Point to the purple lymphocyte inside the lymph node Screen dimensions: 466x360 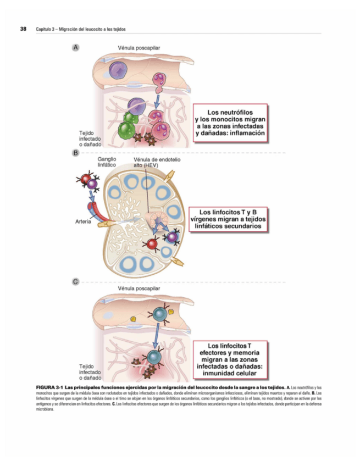pyautogui.click(x=173, y=237)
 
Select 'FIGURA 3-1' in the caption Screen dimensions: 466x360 pyautogui.click(x=49, y=389)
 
